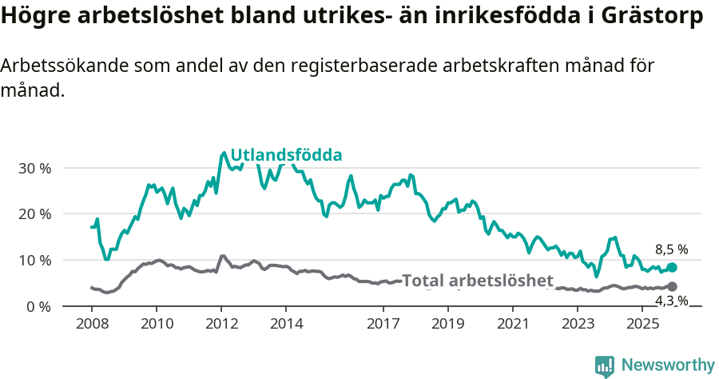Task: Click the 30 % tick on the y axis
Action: [x=34, y=169]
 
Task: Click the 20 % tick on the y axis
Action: [x=34, y=214]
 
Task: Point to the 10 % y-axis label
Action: [x=34, y=261]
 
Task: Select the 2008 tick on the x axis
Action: [x=92, y=324]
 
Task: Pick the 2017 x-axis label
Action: [x=383, y=324]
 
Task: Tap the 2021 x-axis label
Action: [x=513, y=324]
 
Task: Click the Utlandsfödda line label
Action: [x=286, y=155]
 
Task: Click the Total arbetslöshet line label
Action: [x=477, y=281]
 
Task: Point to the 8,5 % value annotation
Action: [x=671, y=249]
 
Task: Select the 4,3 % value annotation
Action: [x=671, y=301]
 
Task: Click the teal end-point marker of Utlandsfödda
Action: [x=672, y=268]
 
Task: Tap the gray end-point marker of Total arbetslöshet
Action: [x=672, y=286]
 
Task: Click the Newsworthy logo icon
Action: [x=605, y=366]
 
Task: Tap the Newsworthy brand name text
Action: [x=668, y=365]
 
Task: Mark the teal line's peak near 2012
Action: [x=224, y=152]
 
